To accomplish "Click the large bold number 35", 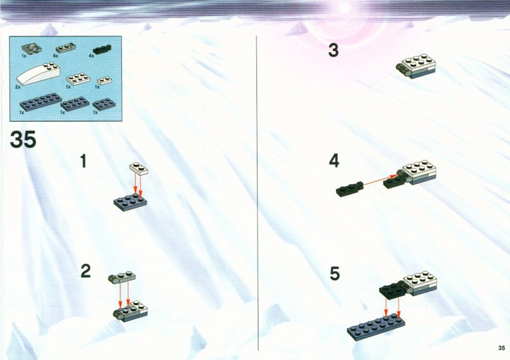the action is [x=23, y=140].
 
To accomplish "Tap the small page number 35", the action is [x=502, y=348].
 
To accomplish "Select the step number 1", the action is [x=84, y=161].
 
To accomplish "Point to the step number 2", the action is [x=85, y=271].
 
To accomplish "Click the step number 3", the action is [x=333, y=50].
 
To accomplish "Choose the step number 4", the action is [x=334, y=161].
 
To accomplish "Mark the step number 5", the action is [x=335, y=273].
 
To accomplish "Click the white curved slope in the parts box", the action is [x=38, y=74].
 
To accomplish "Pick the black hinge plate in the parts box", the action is [x=102, y=50].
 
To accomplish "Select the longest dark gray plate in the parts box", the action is [x=41, y=102].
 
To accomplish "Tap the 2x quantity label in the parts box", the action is [x=18, y=87].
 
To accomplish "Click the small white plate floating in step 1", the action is [x=138, y=167].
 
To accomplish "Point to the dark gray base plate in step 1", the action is [x=130, y=202].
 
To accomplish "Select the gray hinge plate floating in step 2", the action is [x=122, y=277].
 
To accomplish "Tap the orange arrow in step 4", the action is [x=379, y=180].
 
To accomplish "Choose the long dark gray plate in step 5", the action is [x=375, y=326].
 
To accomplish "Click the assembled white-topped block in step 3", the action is [x=416, y=66].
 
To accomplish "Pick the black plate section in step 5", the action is [x=393, y=290].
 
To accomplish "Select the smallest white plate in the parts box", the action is [x=105, y=80].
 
